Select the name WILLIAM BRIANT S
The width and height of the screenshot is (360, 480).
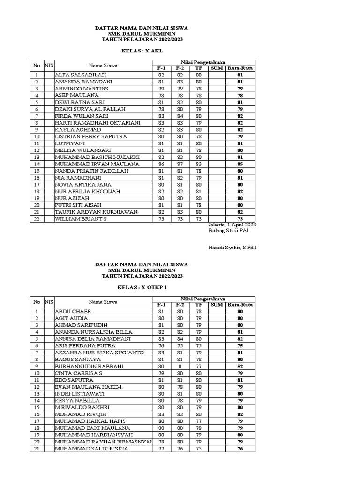pyautogui.click(x=81, y=219)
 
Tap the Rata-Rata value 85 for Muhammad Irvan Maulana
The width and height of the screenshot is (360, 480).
pyautogui.click(x=240, y=164)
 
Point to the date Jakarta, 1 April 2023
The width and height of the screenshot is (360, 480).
pyautogui.click(x=232, y=225)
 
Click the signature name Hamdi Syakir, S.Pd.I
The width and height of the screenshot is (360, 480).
pyautogui.click(x=232, y=247)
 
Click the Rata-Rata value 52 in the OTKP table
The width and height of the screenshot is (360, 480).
pyautogui.click(x=240, y=366)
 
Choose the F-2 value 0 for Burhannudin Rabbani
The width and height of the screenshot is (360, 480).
pyautogui.click(x=180, y=366)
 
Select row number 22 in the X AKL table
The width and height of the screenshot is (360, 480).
pyautogui.click(x=36, y=219)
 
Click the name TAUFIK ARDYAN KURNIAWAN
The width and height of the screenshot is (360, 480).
pyautogui.click(x=96, y=212)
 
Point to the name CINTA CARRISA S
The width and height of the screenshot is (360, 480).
pyautogui.click(x=78, y=373)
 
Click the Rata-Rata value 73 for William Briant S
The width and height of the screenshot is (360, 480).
pyautogui.click(x=240, y=219)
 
